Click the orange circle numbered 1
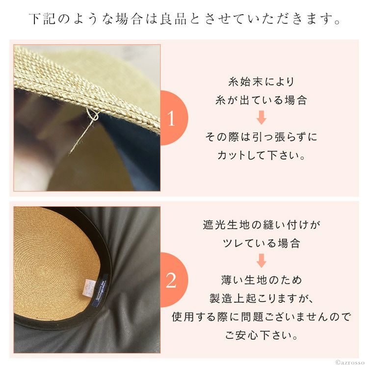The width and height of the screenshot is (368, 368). pos(175,118)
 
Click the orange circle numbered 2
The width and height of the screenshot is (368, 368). pos(175,280)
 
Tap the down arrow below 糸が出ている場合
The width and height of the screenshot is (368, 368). pos(261,117)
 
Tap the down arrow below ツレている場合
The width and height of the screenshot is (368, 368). pos(261,261)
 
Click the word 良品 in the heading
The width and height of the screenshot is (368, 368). pos(173,19)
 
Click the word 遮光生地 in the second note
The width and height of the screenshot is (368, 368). pos(226,225)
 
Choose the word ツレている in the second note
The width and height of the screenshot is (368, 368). pos(249,243)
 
